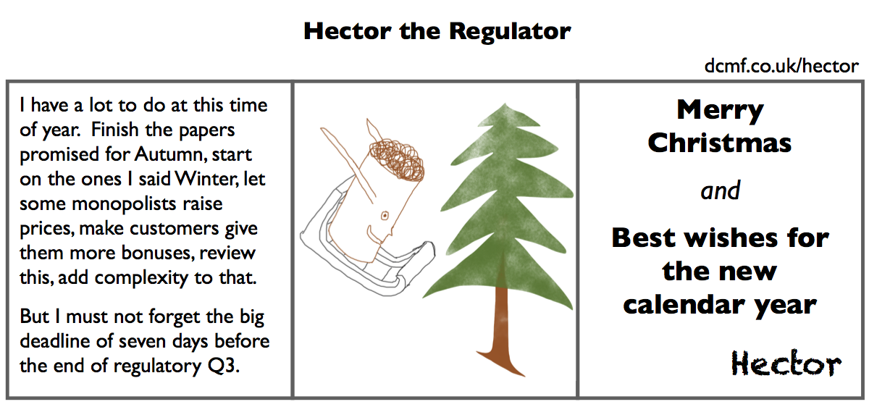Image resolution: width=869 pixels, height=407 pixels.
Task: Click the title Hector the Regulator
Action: click(437, 32)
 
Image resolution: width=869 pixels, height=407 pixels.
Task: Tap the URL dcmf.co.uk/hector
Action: click(781, 67)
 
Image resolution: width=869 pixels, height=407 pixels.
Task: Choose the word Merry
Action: click(720, 111)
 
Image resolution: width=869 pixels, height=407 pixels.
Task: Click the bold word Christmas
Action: click(720, 143)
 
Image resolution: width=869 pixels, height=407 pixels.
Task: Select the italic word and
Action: click(720, 191)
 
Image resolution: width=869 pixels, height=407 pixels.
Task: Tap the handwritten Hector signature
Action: click(786, 363)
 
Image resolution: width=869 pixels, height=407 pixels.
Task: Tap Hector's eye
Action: click(385, 214)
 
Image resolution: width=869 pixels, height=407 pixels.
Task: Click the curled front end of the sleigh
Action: click(427, 253)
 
